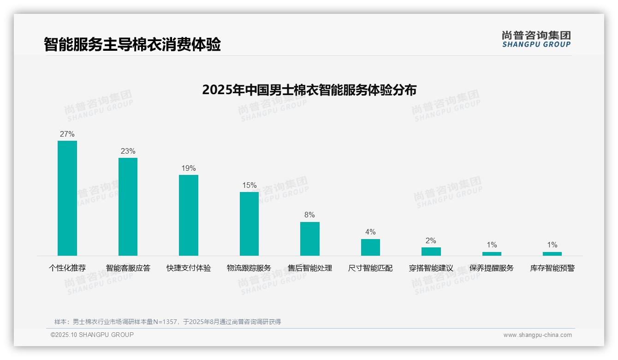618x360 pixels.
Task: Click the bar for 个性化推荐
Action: (x=67, y=198)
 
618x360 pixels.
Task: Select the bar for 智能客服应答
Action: (x=128, y=206)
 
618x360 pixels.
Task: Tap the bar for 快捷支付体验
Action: (x=189, y=215)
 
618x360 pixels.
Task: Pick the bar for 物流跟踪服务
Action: (x=249, y=223)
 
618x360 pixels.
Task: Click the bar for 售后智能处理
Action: (x=309, y=239)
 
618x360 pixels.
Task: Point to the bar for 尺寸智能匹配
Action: (x=370, y=247)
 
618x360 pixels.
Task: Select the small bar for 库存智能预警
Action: (x=552, y=253)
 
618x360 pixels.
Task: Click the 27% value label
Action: (x=67, y=134)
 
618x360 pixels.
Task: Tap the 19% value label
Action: (x=189, y=168)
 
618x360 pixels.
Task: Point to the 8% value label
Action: (x=309, y=215)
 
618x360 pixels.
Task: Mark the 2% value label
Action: (x=431, y=241)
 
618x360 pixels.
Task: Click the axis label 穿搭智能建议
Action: (x=431, y=268)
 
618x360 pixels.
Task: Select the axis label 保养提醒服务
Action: (x=491, y=268)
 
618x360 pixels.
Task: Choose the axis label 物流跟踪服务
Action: (x=249, y=268)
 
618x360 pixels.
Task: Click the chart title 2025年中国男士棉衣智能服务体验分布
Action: (x=309, y=90)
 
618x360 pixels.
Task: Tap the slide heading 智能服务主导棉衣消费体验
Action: (x=132, y=44)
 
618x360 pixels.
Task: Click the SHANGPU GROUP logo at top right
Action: (x=536, y=39)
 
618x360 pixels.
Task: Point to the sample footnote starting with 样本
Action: (x=167, y=322)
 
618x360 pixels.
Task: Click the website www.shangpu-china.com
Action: (x=537, y=335)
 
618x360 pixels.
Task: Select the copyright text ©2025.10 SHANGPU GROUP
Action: (x=92, y=335)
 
